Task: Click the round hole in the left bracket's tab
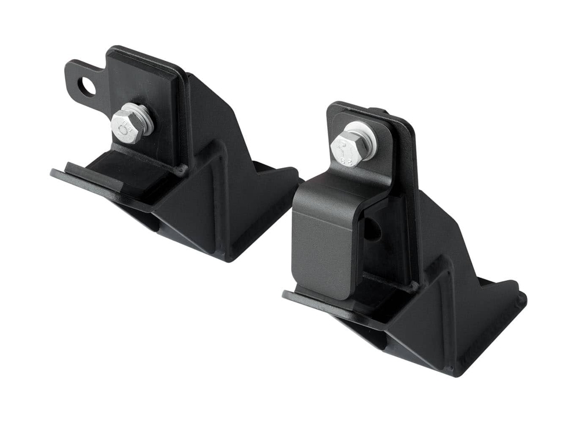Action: [x=87, y=88]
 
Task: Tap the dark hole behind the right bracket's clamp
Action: [x=372, y=230]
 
